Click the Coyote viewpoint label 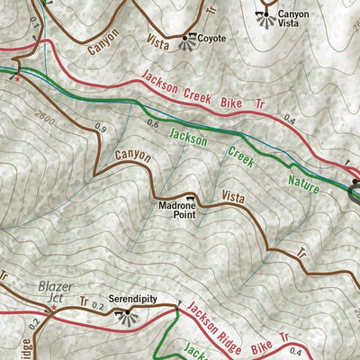(x=211, y=39)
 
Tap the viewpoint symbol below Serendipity (x=126, y=312)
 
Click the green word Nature (x=304, y=181)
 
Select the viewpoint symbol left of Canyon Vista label (x=266, y=19)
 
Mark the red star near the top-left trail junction (x=17, y=79)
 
